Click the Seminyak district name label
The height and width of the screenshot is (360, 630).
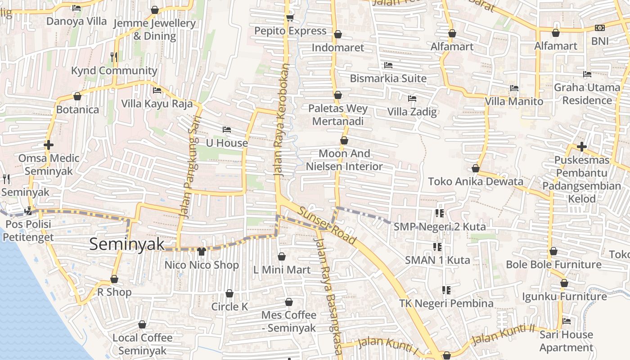[x=127, y=244]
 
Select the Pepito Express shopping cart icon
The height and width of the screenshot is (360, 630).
[x=290, y=18]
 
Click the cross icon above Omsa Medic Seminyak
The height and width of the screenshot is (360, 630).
[x=49, y=145]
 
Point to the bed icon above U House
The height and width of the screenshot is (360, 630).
[x=227, y=130]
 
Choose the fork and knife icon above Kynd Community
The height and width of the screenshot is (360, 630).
[x=114, y=57]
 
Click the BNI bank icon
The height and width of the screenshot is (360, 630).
[x=599, y=28]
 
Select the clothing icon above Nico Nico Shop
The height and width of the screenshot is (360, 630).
[x=201, y=251]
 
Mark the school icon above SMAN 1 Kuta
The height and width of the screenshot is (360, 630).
[x=437, y=247]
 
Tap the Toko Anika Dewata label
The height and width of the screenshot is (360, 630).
[x=476, y=181]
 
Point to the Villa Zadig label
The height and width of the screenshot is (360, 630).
[x=412, y=111]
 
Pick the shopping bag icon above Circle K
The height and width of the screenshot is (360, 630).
[x=229, y=294]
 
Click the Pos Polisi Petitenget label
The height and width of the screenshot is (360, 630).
[x=29, y=230]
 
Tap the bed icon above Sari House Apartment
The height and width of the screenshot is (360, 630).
[x=567, y=321]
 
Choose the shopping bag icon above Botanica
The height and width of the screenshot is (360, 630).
[x=77, y=97]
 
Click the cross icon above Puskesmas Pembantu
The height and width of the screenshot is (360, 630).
[x=582, y=147]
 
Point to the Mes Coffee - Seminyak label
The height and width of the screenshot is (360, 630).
[x=289, y=321]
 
